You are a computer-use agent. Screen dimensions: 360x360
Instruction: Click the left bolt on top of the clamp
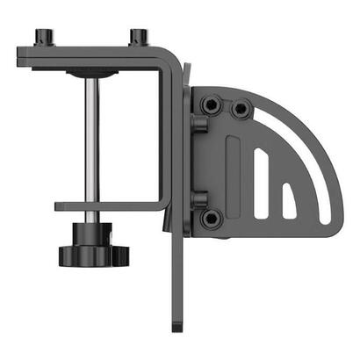[x=42, y=38]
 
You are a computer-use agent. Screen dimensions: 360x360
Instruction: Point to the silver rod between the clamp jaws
[x=91, y=140]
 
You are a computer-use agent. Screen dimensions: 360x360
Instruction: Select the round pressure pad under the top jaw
[x=91, y=74]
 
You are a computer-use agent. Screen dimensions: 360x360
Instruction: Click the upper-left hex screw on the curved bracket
[x=211, y=106]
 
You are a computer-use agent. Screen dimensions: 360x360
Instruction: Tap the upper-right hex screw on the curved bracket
[x=240, y=110]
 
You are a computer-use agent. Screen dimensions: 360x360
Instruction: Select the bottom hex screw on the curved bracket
[x=211, y=218]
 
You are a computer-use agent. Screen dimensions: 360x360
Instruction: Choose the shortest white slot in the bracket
[x=288, y=200]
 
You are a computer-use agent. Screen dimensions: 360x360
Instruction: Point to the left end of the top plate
[x=21, y=57]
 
